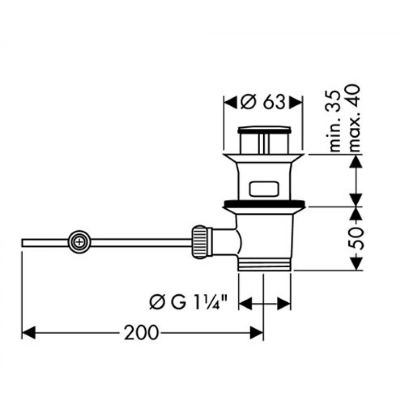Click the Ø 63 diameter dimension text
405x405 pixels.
coord(263,102)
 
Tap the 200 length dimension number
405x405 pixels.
coord(141,333)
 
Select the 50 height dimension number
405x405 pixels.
coord(356,238)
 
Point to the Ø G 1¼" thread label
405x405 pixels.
coord(188,302)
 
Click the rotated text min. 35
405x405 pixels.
coord(335,121)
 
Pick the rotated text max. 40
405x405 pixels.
coord(353,118)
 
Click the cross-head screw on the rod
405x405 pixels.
coord(79,242)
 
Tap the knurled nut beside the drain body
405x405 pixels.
coord(199,242)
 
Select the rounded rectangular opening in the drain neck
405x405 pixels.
coord(264,189)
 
